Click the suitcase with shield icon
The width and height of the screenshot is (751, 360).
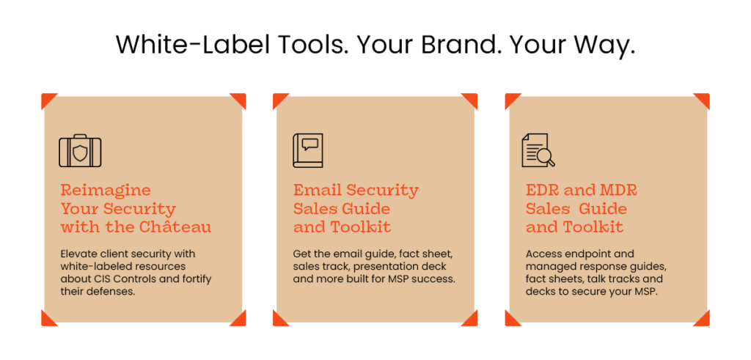[x=80, y=151]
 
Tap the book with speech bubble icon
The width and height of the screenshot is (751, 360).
[x=307, y=150]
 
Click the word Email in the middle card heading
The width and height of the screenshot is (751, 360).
[x=317, y=190]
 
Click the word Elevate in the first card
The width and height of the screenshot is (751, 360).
[x=76, y=254]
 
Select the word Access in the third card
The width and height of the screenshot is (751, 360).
[x=541, y=254]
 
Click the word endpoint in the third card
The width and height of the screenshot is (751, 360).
[x=581, y=254]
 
